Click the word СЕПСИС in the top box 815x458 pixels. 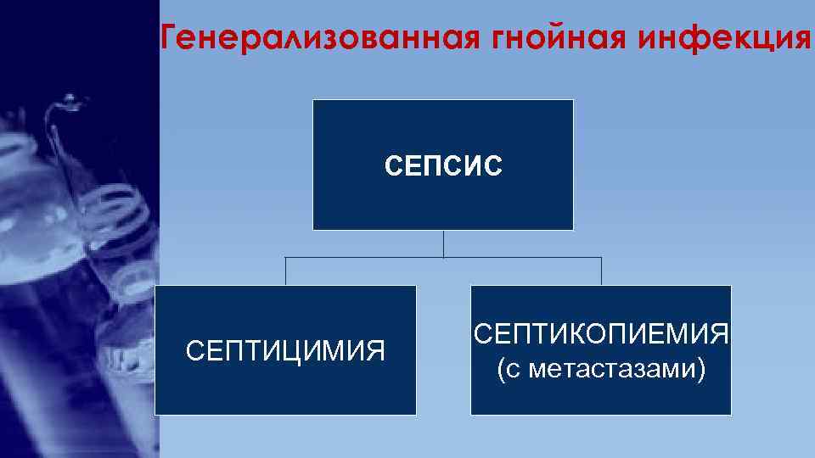pyautogui.click(x=443, y=165)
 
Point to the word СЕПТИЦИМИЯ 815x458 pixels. pyautogui.click(x=285, y=350)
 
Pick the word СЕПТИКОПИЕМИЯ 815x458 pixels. pyautogui.click(x=601, y=333)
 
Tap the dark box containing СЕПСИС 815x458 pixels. pyautogui.click(x=443, y=127)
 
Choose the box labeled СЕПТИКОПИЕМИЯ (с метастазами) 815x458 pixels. pyautogui.click(x=601, y=399)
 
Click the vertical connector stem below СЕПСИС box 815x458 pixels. pyautogui.click(x=443, y=243)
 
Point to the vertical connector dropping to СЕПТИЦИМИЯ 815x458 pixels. pyautogui.click(x=285, y=271)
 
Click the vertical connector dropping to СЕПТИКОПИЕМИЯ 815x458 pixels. pyautogui.click(x=601, y=271)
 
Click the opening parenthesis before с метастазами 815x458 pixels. pyautogui.click(x=498, y=371)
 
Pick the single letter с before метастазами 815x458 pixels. pyautogui.click(x=511, y=371)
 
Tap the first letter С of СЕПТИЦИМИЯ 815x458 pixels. pyautogui.click(x=193, y=350)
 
